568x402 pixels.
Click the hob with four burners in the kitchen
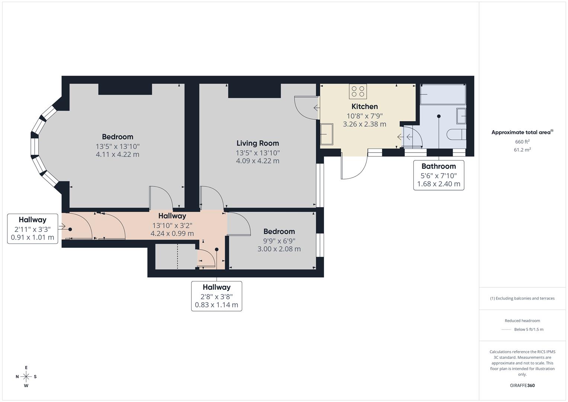click(x=358, y=92)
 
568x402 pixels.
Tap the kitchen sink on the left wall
click(x=327, y=134)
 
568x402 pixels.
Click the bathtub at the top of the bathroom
click(x=443, y=94)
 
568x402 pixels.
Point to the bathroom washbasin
click(x=461, y=116)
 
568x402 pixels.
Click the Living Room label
click(x=257, y=143)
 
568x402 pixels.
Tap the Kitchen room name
click(x=365, y=107)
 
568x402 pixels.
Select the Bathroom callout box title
click(x=439, y=166)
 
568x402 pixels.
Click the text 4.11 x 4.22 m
click(x=118, y=154)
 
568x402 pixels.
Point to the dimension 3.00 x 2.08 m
click(x=279, y=249)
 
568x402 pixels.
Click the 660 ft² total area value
click(x=522, y=142)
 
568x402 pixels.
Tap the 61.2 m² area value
click(x=522, y=150)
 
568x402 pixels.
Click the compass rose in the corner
click(x=26, y=376)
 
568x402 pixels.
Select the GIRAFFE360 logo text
click(x=522, y=385)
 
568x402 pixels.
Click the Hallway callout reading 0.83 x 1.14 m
click(x=216, y=305)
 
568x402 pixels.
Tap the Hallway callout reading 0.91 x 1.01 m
click(x=32, y=237)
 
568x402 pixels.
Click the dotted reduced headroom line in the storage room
click(x=177, y=256)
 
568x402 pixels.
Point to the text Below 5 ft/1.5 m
click(x=529, y=329)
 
